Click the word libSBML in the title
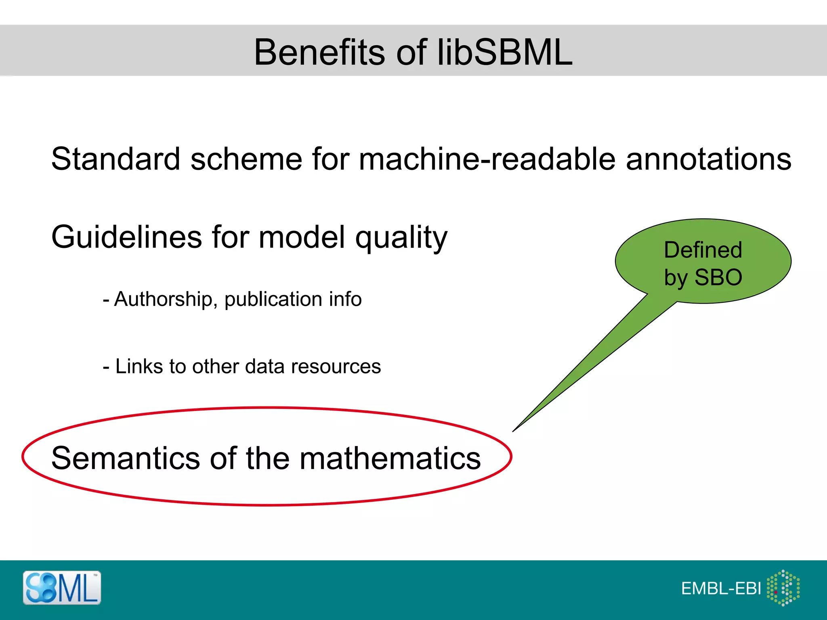505,52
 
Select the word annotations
708,159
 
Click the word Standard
115,159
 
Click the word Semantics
126,459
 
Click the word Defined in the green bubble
703,250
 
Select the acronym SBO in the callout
718,277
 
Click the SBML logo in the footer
62,588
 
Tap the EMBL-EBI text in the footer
721,589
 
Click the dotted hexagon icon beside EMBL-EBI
783,588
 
